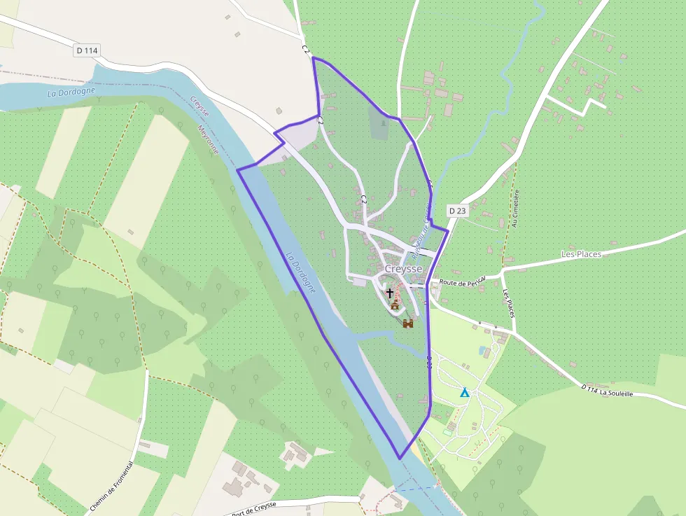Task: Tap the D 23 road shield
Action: pyautogui.click(x=457, y=210)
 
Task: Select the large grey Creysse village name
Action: pyautogui.click(x=404, y=269)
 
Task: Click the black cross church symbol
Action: pyautogui.click(x=390, y=292)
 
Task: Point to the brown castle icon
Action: pyautogui.click(x=408, y=323)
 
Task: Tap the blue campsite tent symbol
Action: pyautogui.click(x=464, y=392)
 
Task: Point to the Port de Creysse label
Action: pyautogui.click(x=253, y=507)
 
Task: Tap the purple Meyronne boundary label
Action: pyautogui.click(x=208, y=139)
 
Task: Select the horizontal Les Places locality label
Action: pyautogui.click(x=581, y=254)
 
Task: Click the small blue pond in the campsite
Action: pyautogui.click(x=482, y=349)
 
